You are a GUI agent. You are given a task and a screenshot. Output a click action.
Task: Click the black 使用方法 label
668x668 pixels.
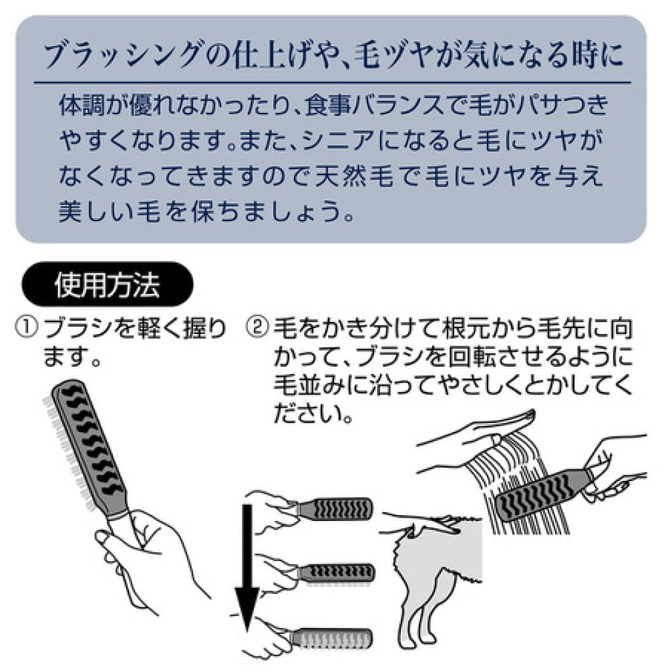click(x=108, y=287)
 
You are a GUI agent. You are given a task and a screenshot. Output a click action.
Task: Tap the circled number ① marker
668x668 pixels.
click(x=27, y=328)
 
